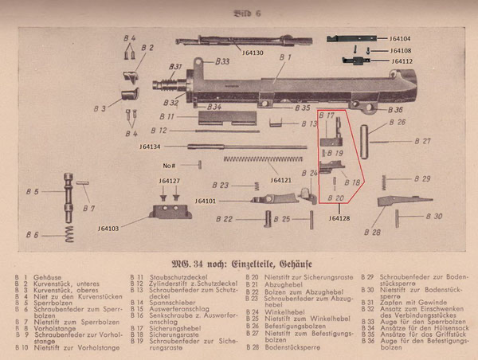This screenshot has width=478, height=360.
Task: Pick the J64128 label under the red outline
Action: coord(339,217)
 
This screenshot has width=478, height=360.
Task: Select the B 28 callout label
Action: coord(371,233)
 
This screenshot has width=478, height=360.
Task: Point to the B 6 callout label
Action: coord(32,235)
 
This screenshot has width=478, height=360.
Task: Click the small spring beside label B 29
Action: coord(386,178)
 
